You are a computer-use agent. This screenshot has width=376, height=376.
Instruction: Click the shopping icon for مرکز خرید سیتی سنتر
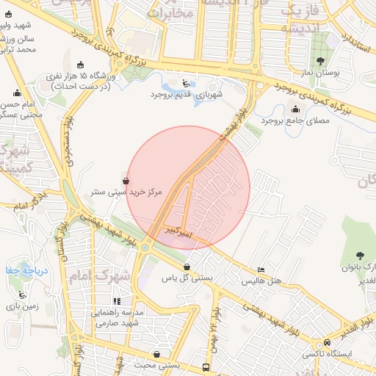coord(126,180)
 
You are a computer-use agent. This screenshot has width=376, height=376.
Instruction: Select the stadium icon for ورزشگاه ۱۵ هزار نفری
coord(80,65)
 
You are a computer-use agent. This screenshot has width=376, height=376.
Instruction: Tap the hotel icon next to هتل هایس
coord(261,270)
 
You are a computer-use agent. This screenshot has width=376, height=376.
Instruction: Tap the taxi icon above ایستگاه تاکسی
coord(327,342)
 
